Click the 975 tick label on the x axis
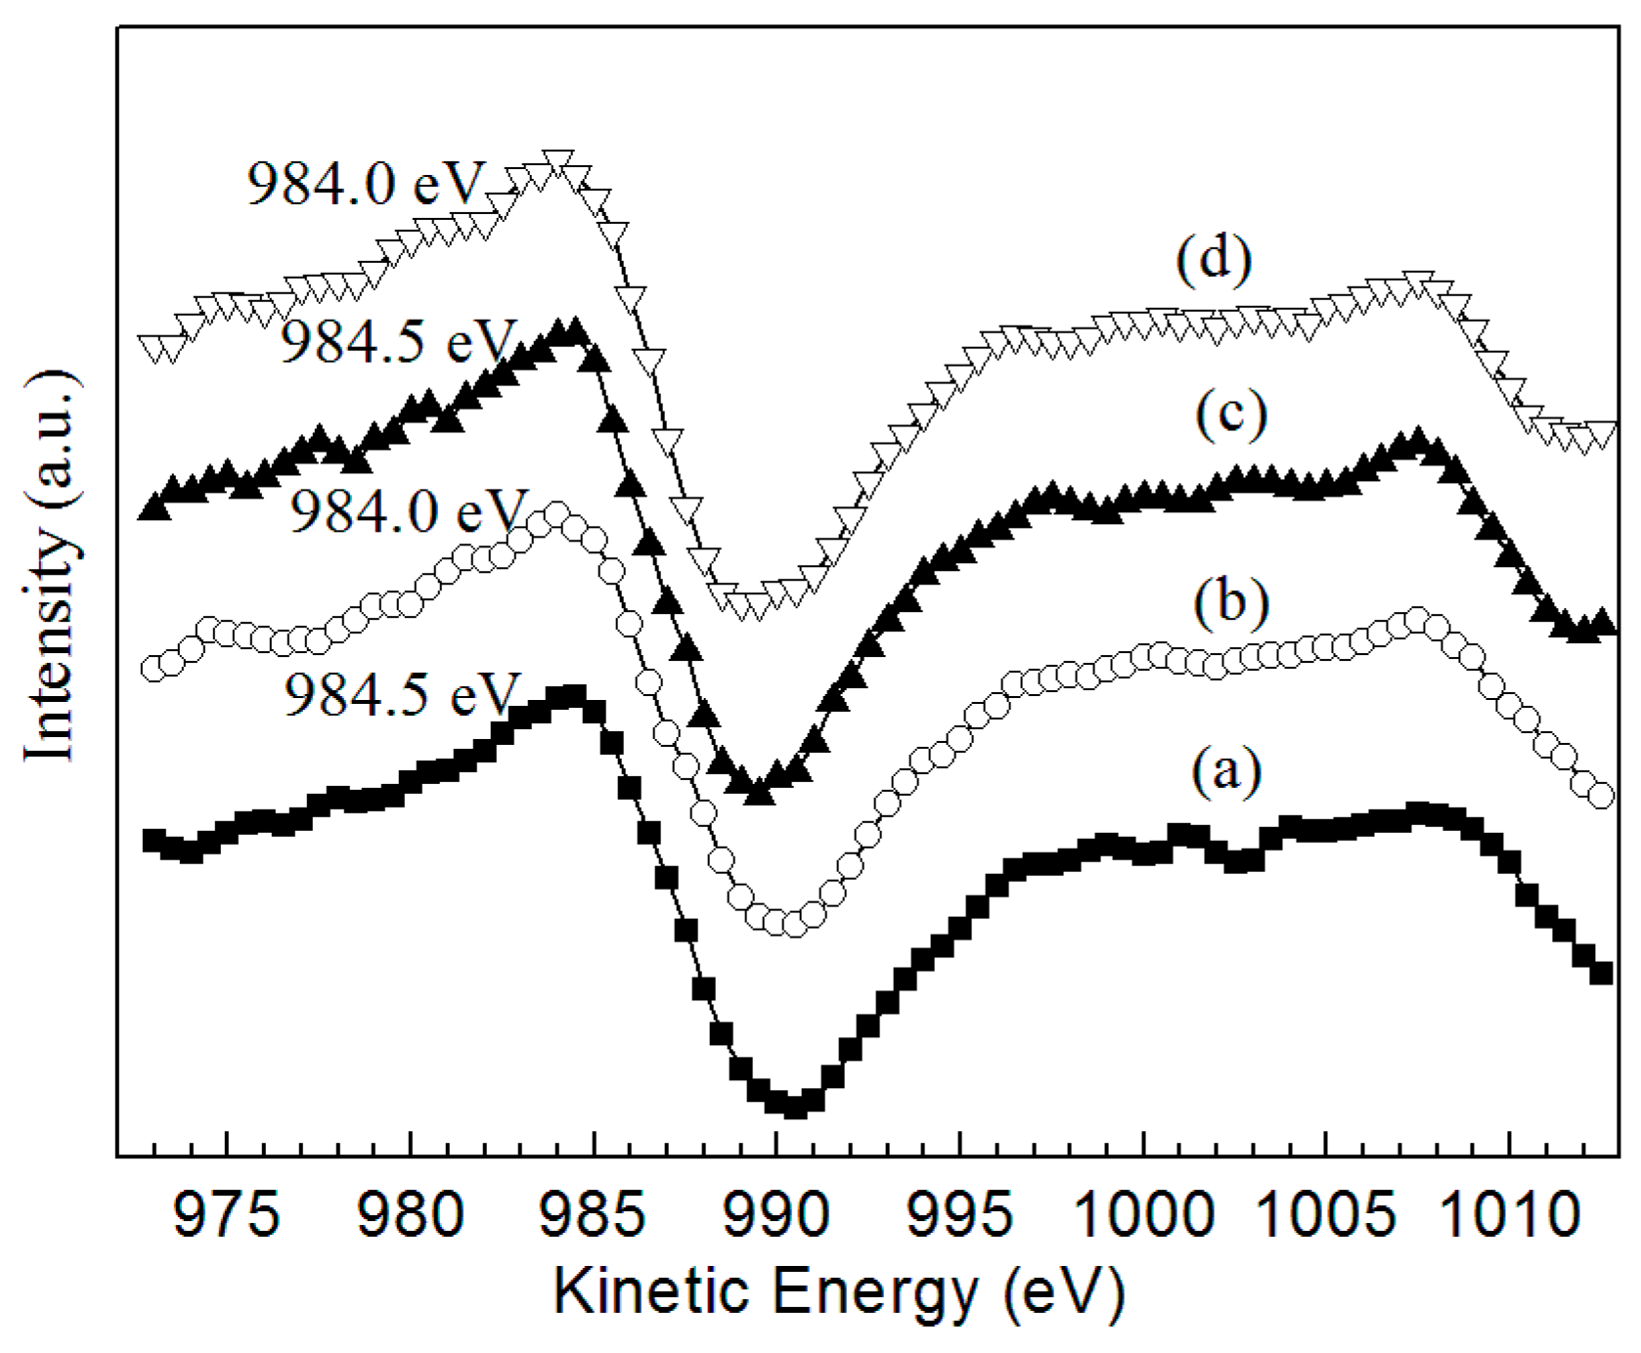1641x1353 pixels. (x=226, y=1216)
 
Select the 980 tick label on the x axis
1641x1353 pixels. (x=410, y=1216)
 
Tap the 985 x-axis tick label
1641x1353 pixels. (x=593, y=1216)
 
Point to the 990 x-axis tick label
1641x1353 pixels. (x=776, y=1216)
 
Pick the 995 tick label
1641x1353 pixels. (x=959, y=1216)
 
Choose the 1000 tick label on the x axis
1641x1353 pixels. (x=1143, y=1216)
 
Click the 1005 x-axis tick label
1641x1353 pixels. (x=1326, y=1216)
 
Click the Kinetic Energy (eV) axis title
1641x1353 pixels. (x=839, y=1292)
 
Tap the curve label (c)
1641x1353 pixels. (x=1231, y=414)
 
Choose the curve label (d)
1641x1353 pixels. (x=1214, y=262)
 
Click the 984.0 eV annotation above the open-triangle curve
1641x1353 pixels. (x=366, y=184)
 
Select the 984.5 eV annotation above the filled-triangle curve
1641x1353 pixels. (x=397, y=343)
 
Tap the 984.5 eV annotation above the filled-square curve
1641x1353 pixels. (x=399, y=695)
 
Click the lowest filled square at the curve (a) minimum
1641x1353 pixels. (x=795, y=1107)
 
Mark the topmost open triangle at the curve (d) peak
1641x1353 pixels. (x=556, y=161)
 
